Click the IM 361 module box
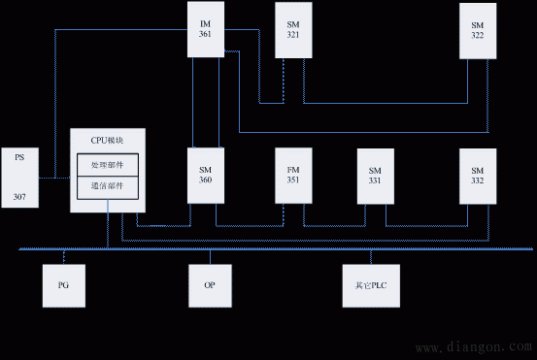click(x=205, y=30)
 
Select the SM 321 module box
click(x=293, y=31)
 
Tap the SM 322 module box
click(x=478, y=30)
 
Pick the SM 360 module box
click(x=205, y=175)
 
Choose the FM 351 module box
click(x=293, y=175)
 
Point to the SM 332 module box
click(x=478, y=175)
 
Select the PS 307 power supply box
click(x=19, y=176)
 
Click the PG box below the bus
click(x=64, y=285)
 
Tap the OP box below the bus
click(x=209, y=285)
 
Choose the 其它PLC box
click(x=371, y=285)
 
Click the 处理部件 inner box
click(x=108, y=165)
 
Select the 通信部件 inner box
click(x=108, y=184)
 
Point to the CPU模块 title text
click(x=108, y=140)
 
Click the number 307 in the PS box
click(x=19, y=196)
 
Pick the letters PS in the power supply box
click(x=19, y=155)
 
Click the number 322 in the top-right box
click(x=478, y=35)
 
